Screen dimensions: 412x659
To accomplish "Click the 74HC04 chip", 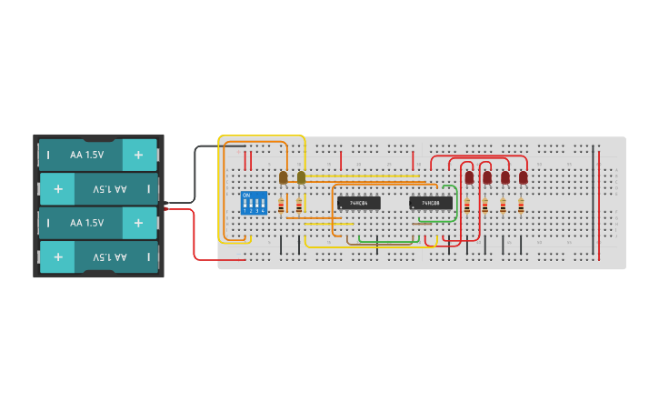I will [x=358, y=203].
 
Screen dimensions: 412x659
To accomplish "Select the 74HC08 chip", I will [x=430, y=203].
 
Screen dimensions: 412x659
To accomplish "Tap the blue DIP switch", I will [x=254, y=203].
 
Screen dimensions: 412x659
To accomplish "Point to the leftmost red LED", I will [x=469, y=178].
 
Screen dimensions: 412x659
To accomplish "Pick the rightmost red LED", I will [x=523, y=178].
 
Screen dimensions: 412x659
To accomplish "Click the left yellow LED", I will [x=283, y=177].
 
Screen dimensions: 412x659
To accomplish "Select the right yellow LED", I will [x=301, y=177].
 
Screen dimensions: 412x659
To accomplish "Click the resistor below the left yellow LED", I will [x=281, y=206].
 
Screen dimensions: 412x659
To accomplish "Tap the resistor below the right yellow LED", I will [x=299, y=206].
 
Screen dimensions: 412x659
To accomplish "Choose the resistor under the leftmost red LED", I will [x=467, y=206].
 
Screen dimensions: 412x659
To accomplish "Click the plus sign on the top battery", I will [x=138, y=155].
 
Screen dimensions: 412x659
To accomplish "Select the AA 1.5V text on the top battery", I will [x=87, y=155].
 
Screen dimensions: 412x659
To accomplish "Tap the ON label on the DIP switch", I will [x=245, y=195].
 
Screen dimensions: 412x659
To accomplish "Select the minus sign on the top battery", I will [x=48, y=155].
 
